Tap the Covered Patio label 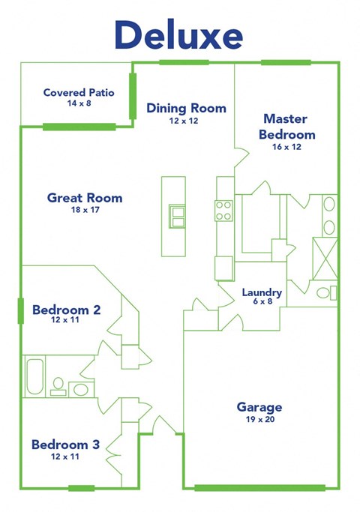(x=79, y=93)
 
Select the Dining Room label (x=186, y=108)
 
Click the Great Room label (x=85, y=198)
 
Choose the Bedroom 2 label (x=66, y=309)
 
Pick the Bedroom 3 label (x=65, y=445)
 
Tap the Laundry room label (x=262, y=292)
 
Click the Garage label (x=259, y=407)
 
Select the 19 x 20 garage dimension (x=259, y=420)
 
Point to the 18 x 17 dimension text (x=84, y=210)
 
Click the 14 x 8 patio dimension (x=79, y=103)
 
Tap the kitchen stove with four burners (x=224, y=211)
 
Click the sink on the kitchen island (x=178, y=216)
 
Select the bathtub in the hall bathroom (x=34, y=376)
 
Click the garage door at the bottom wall (x=259, y=488)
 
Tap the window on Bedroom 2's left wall (x=20, y=310)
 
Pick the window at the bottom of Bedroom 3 (x=81, y=489)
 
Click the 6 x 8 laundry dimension (x=262, y=304)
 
